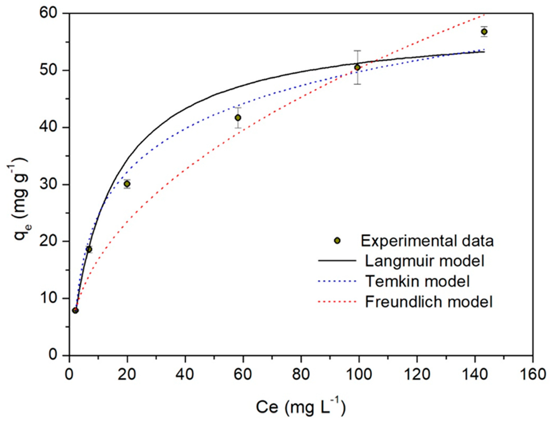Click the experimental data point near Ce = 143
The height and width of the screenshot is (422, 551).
click(x=484, y=32)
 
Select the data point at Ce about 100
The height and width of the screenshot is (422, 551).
click(x=357, y=67)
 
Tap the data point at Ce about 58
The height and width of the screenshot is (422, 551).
click(x=238, y=118)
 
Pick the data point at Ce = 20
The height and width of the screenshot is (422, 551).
click(x=127, y=184)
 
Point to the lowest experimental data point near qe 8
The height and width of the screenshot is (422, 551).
click(x=75, y=310)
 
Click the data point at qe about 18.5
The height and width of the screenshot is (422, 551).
click(x=89, y=249)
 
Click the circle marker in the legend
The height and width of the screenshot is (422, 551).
click(x=337, y=241)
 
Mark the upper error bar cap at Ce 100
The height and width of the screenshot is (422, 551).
click(x=357, y=51)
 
